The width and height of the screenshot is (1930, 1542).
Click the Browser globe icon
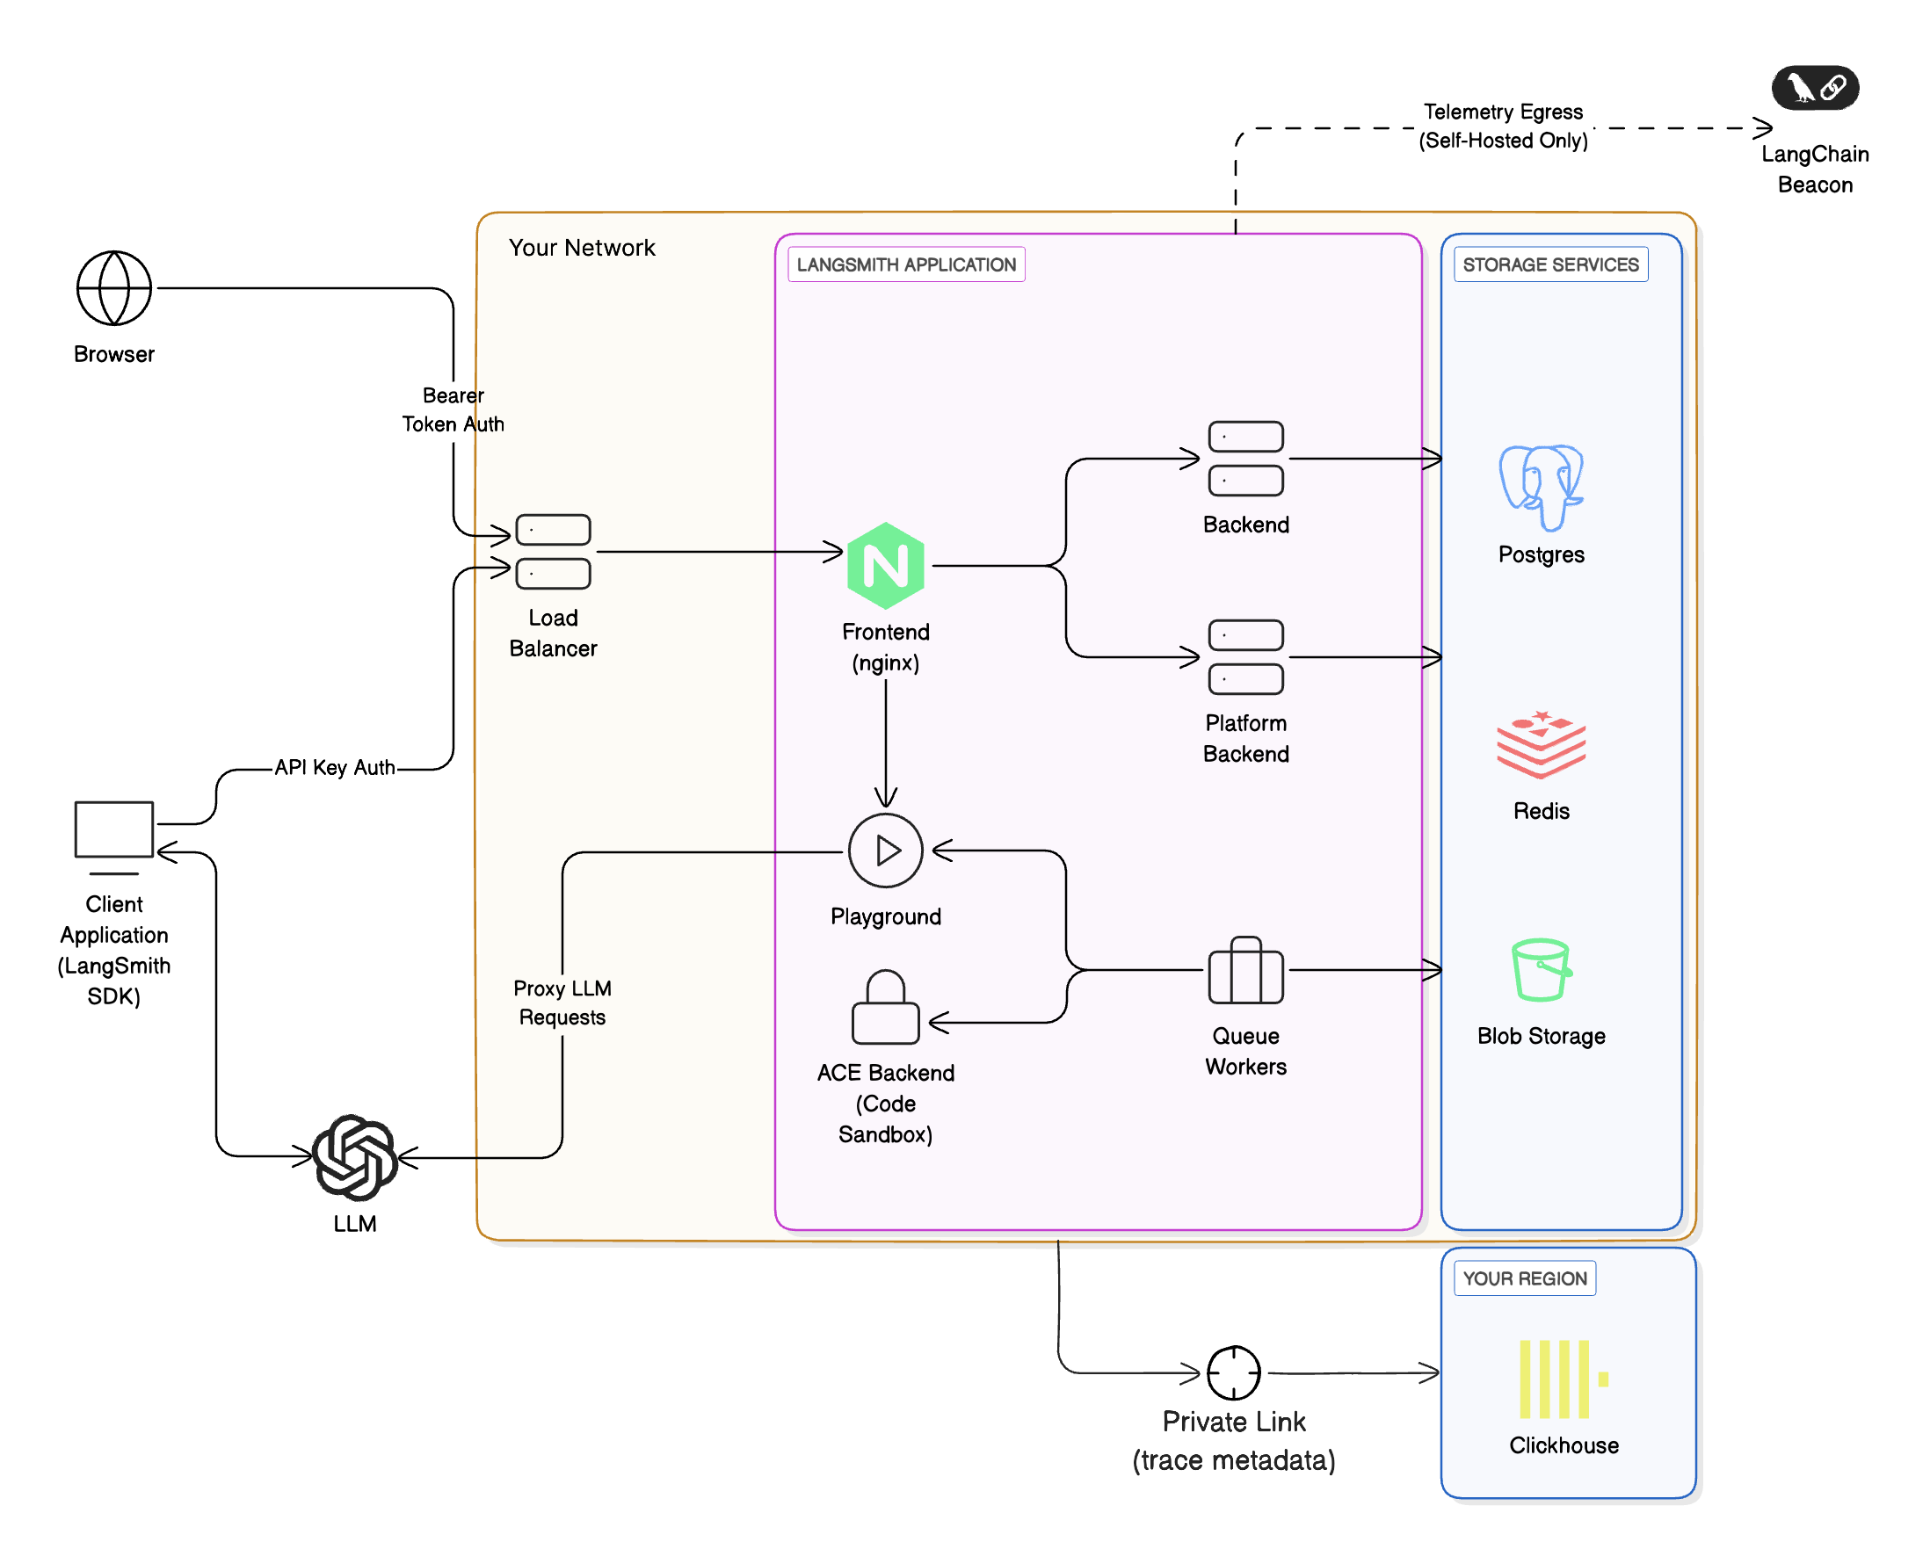pyautogui.click(x=113, y=288)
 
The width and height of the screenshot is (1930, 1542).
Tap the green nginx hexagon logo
pyautogui.click(x=885, y=566)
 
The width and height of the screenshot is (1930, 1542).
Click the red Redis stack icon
pyautogui.click(x=1541, y=743)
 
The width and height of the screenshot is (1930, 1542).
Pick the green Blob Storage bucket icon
pyautogui.click(x=1541, y=969)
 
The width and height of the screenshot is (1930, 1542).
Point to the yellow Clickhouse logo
pyautogui.click(x=1562, y=1379)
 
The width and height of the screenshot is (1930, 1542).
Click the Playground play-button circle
pyautogui.click(x=885, y=851)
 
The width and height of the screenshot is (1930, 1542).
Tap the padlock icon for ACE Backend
pyautogui.click(x=885, y=1008)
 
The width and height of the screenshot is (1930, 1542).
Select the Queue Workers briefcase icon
pyautogui.click(x=1245, y=971)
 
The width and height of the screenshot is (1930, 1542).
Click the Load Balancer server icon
pyautogui.click(x=553, y=551)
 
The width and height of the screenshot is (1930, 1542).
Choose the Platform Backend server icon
pyautogui.click(x=1245, y=657)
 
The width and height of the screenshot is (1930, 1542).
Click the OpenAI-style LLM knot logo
pyautogui.click(x=355, y=1157)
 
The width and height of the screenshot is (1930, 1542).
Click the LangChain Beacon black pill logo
pyautogui.click(x=1815, y=88)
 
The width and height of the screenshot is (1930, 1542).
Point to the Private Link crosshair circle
pyautogui.click(x=1234, y=1372)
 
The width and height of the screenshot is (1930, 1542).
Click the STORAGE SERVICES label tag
pyautogui.click(x=1550, y=264)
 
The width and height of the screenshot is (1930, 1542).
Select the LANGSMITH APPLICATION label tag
pyautogui.click(x=906, y=264)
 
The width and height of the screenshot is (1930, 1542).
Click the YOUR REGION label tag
pyautogui.click(x=1525, y=1278)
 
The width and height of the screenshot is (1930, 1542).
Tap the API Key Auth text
pyautogui.click(x=334, y=768)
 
